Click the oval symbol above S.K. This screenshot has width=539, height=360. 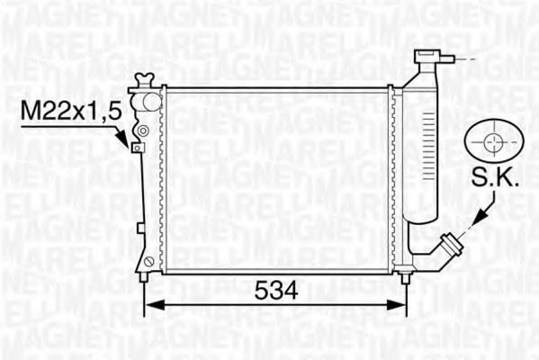(495, 142)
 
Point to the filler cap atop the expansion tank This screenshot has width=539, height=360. (427, 58)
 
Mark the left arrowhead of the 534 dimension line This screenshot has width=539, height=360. (152, 303)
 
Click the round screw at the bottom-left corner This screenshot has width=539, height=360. (147, 261)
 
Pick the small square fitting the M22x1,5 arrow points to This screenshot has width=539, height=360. (137, 148)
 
